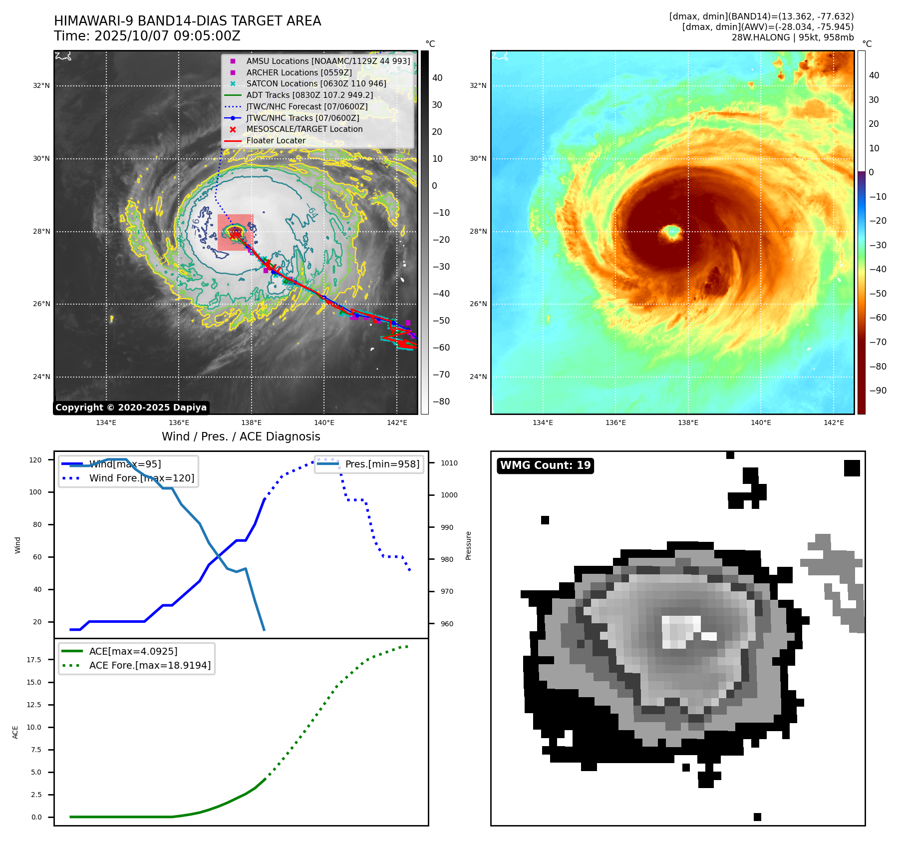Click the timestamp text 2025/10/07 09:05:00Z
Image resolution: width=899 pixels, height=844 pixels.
167,36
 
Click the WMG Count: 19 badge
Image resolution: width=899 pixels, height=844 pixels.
545,465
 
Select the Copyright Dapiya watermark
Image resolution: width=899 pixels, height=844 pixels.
131,408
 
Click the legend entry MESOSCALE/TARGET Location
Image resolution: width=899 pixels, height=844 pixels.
304,129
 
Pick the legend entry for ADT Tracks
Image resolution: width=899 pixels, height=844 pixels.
309,95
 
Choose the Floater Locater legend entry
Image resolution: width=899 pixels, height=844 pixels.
276,141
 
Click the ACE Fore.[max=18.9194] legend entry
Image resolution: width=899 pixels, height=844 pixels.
150,665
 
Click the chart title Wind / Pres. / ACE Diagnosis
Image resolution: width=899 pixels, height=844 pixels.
241,436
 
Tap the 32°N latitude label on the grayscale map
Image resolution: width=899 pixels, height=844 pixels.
41,86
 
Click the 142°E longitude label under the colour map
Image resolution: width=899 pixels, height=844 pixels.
834,422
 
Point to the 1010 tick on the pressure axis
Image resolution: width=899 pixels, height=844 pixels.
449,463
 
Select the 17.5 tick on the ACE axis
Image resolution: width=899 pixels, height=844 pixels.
34,660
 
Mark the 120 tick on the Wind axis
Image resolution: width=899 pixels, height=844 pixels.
35,460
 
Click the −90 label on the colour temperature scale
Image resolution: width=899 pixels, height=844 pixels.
878,391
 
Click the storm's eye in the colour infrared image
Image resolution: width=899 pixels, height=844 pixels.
672,232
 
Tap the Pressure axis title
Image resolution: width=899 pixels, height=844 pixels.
468,545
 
